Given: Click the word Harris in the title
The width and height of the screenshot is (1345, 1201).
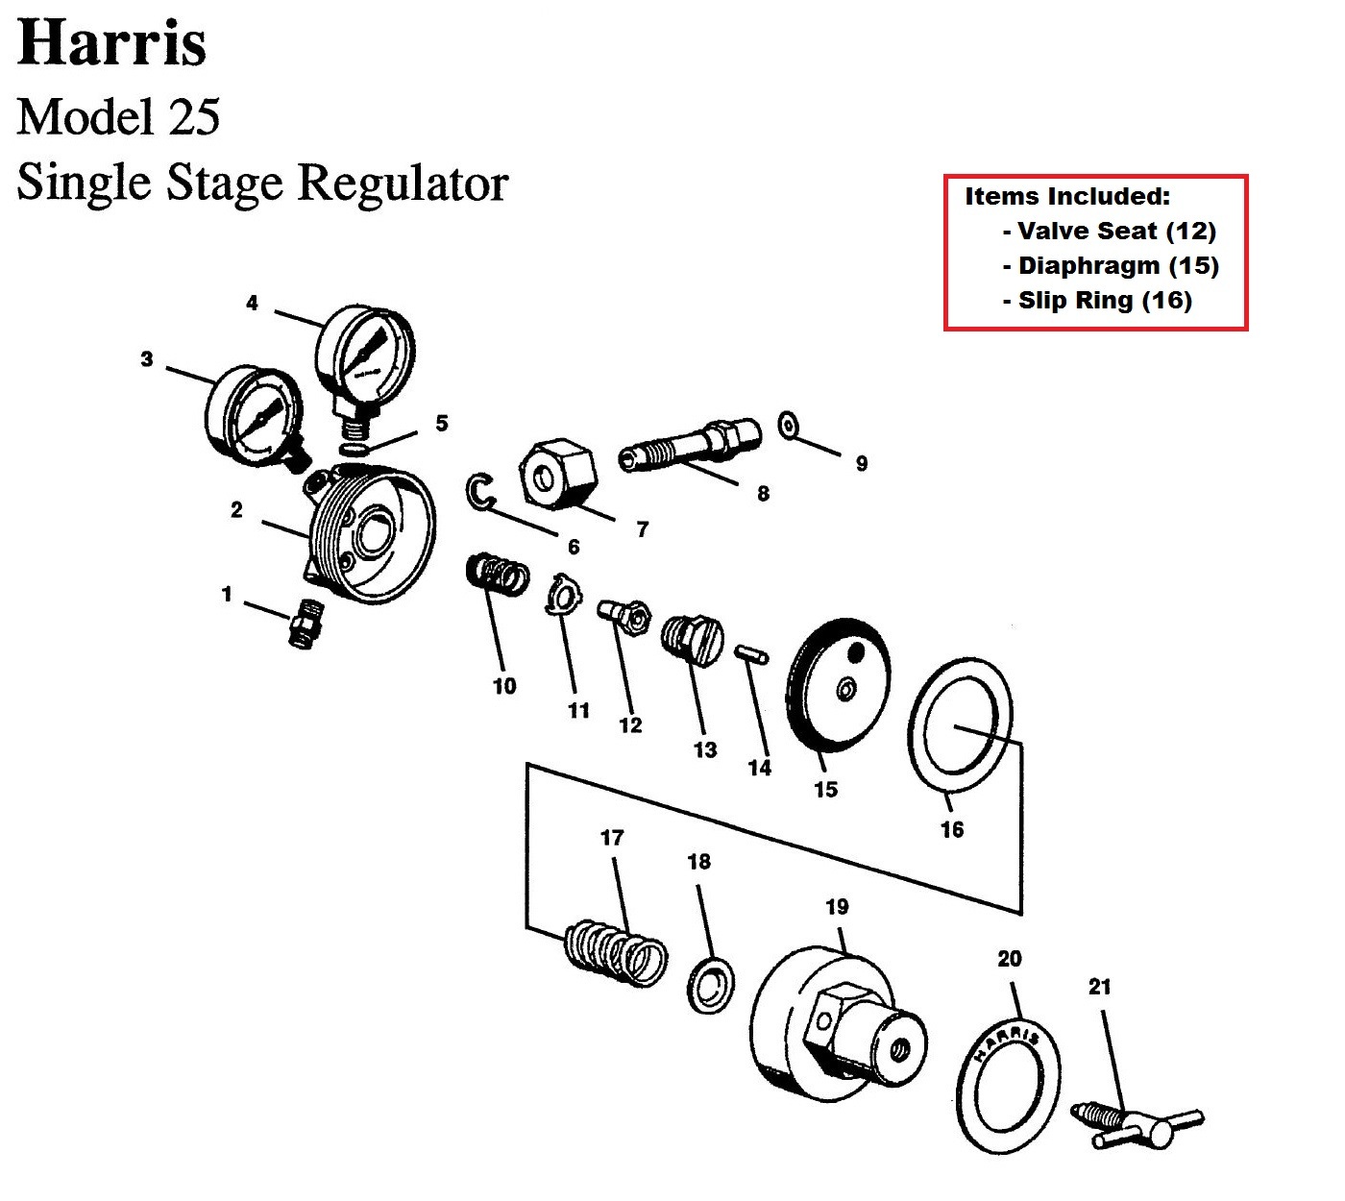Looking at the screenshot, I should point(111,44).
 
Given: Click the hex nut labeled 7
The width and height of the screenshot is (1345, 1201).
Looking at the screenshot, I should point(557,471).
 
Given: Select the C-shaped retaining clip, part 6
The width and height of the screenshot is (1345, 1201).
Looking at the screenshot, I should point(479,491).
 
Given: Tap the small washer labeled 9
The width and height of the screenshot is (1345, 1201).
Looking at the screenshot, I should point(789,424).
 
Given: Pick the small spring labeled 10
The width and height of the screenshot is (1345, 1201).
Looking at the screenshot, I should point(497,576).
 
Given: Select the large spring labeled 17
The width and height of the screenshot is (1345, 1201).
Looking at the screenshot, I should point(616,953).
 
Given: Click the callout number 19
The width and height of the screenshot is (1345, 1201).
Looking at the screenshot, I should point(837,906).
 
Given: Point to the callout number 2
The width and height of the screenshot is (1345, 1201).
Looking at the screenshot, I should point(236,510).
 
